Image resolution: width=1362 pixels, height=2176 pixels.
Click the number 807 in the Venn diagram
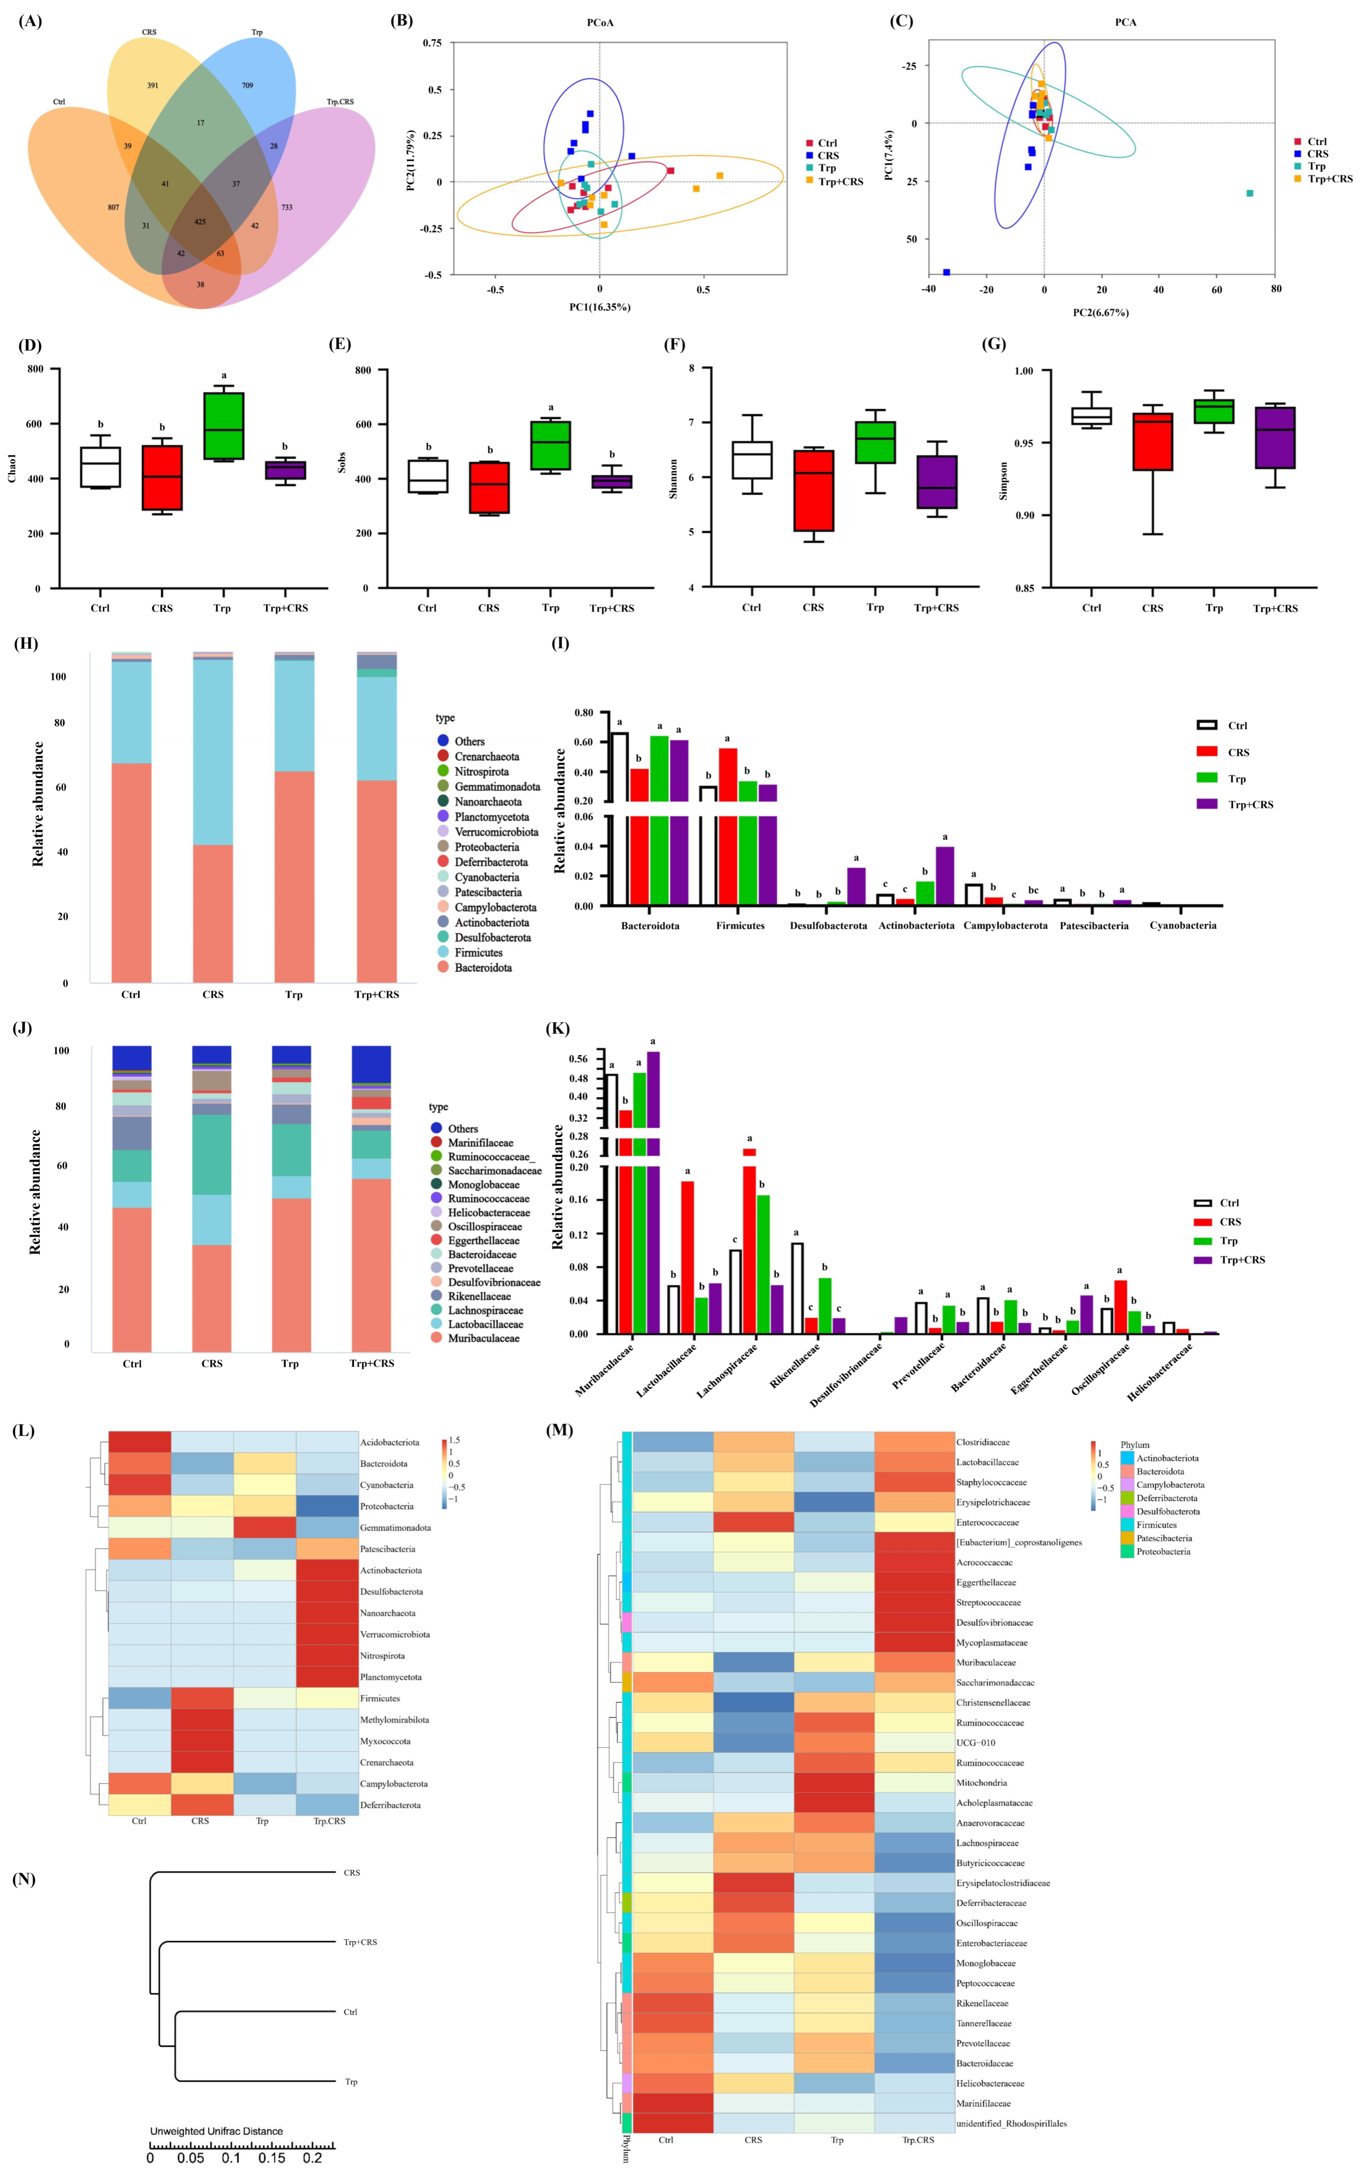click(113, 207)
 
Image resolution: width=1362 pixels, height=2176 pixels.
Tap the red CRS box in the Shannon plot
click(813, 491)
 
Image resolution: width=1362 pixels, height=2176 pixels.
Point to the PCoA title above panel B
click(600, 23)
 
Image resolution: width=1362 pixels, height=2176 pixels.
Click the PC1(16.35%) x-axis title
click(600, 307)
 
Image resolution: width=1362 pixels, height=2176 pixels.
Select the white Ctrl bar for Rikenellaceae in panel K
click(797, 1288)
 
